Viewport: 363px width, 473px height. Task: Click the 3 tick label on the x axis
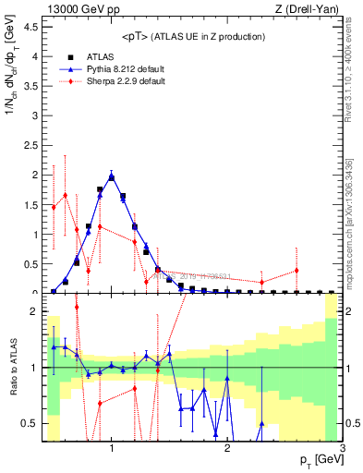pos(343,449)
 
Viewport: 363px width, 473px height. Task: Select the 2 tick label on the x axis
pos(227,449)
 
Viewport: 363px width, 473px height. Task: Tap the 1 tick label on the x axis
pos(112,449)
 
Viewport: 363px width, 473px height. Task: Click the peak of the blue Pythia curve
pos(112,176)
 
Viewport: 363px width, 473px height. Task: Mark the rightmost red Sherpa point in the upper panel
pos(296,271)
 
